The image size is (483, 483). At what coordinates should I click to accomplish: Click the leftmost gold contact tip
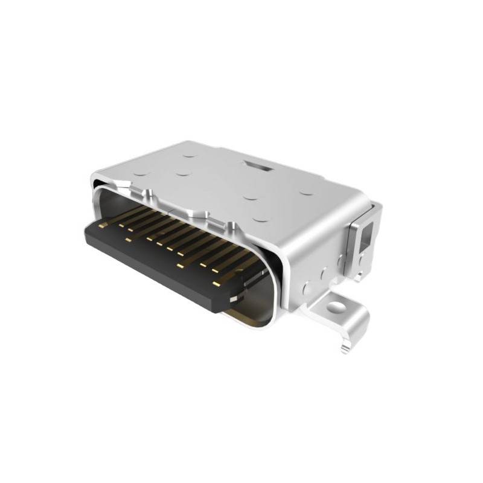(103, 225)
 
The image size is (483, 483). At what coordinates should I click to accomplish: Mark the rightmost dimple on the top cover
(306, 193)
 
